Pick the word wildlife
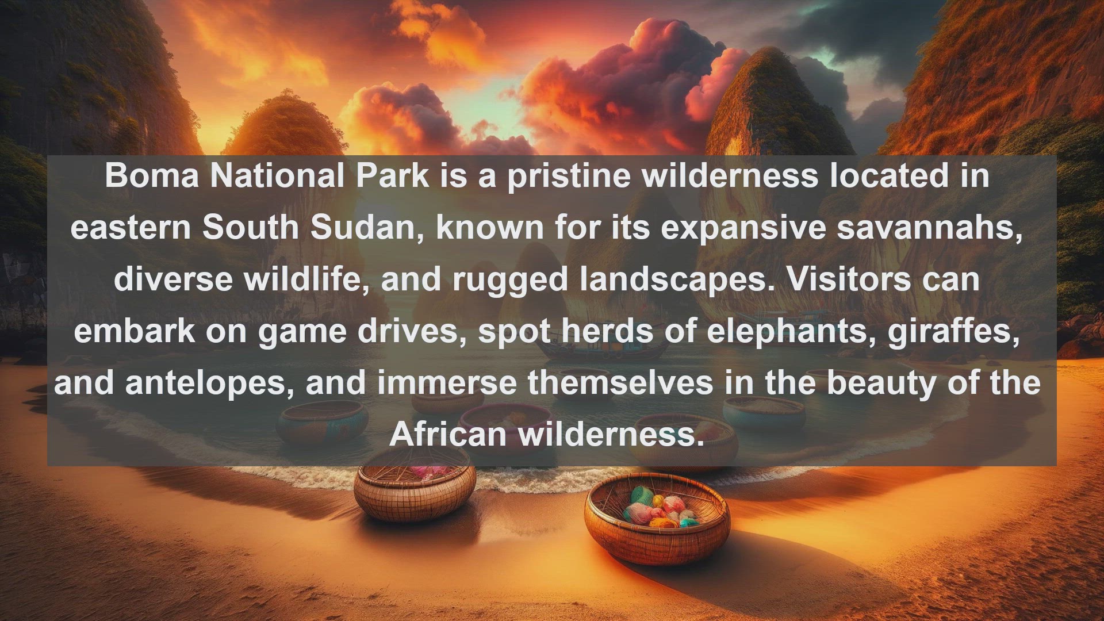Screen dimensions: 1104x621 (306, 280)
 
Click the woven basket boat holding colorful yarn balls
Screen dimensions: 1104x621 (657, 518)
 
